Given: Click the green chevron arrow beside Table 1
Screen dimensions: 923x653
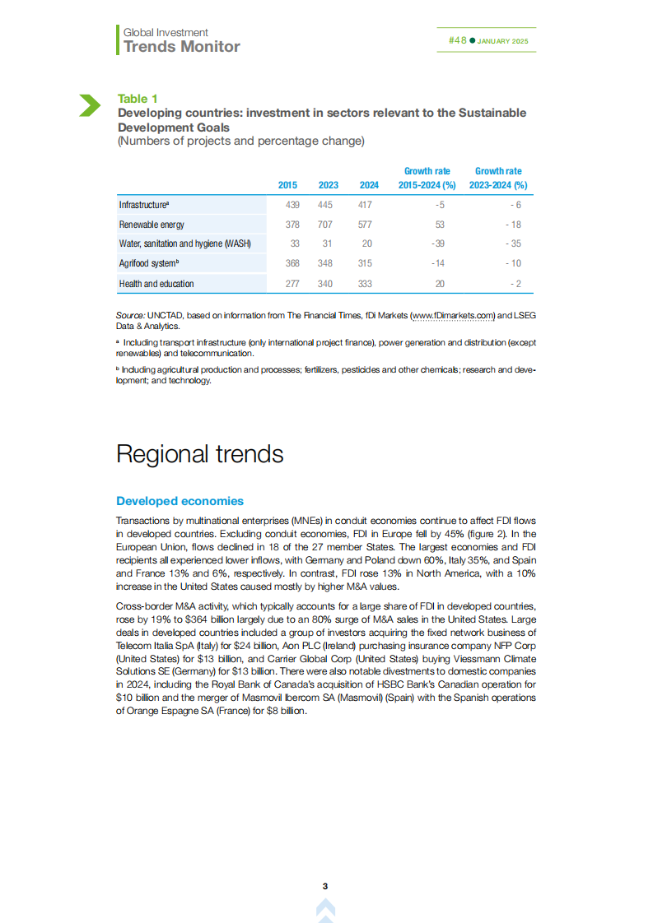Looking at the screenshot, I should point(89,105).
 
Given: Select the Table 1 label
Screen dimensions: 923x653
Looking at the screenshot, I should point(138,99).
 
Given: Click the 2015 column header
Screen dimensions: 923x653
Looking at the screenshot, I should point(287,186).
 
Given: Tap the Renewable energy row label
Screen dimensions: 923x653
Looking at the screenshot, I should point(152,225).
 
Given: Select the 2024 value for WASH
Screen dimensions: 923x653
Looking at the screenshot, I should point(366,244).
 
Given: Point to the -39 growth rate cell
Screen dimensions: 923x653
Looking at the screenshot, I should point(437,244).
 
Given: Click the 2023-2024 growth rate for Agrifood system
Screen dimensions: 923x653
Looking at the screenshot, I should point(514,263).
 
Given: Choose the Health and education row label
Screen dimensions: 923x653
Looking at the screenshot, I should point(156,284).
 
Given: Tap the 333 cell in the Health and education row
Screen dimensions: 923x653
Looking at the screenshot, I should point(365,284).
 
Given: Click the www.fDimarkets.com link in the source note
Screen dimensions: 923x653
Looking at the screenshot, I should point(451,315).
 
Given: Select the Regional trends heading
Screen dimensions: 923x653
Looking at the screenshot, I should point(199,454).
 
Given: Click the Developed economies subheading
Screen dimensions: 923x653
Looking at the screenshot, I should point(180,501).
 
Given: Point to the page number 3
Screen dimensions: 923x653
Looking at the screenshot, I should point(325,886).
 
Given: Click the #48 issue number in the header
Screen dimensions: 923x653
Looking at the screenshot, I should point(457,40).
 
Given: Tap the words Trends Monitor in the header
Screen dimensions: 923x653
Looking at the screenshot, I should point(181,47).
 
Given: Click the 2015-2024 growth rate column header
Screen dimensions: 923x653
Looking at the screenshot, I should point(427,179).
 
